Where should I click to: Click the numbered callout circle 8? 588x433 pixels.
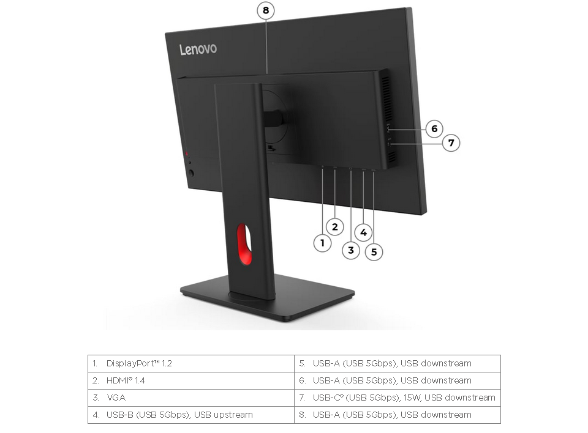[265, 10]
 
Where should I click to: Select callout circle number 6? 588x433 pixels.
[434, 128]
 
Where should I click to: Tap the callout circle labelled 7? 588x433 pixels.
[451, 143]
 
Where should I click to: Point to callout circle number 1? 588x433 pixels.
[323, 243]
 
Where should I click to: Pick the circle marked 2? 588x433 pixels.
[334, 227]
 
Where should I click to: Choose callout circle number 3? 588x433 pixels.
[351, 250]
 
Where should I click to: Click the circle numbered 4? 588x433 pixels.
[363, 232]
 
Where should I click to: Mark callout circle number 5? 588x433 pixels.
[374, 251]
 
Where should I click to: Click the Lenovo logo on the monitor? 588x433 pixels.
[198, 49]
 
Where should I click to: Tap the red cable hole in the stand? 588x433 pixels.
[244, 244]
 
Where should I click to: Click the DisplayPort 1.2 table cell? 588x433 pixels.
[190, 363]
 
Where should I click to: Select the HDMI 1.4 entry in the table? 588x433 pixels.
[190, 380]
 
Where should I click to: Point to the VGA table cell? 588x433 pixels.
[190, 398]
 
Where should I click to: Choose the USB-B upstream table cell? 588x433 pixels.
[190, 415]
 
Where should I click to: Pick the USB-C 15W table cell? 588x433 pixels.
[397, 398]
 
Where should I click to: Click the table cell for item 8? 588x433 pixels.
[397, 415]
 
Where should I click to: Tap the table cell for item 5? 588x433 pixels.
[397, 363]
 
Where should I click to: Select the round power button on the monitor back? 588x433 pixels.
[192, 173]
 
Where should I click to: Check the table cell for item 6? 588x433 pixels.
[397, 380]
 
